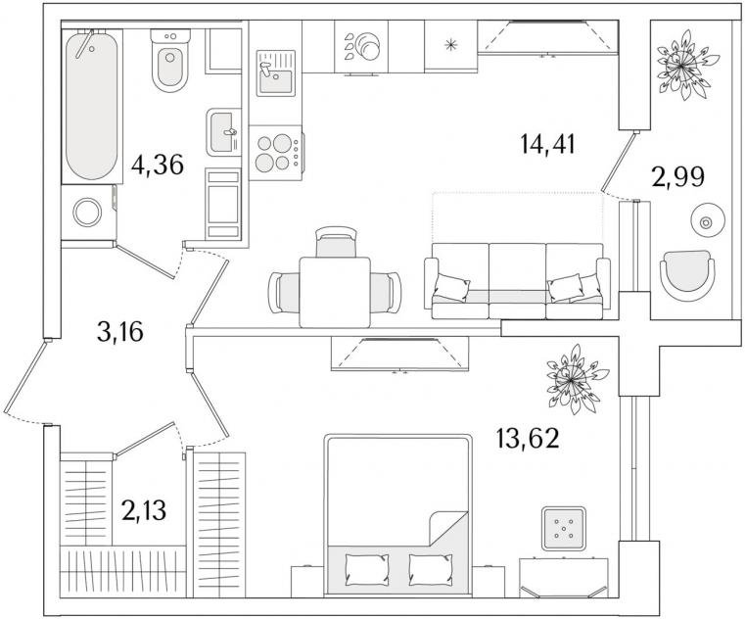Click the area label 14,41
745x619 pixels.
[548, 144]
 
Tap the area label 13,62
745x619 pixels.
[528, 438]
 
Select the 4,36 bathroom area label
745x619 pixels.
[158, 165]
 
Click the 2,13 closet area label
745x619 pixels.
[144, 510]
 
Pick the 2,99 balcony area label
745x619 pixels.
[678, 177]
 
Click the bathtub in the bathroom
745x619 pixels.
[92, 106]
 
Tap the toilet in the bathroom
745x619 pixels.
[170, 61]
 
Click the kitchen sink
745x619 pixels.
[275, 72]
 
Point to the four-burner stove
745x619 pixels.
[275, 153]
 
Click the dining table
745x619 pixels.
[335, 292]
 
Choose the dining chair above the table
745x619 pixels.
[336, 242]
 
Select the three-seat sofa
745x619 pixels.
[518, 281]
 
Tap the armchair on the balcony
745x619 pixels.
[687, 276]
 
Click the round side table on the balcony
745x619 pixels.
[706, 222]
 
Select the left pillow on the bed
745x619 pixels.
[367, 570]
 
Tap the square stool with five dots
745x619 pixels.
[564, 528]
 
